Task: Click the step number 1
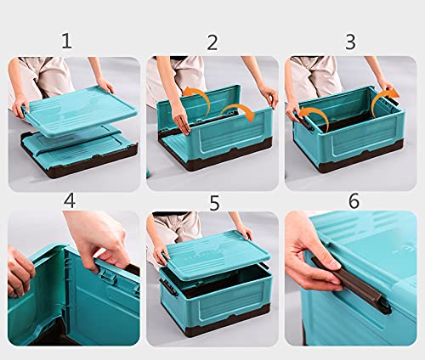pyautogui.click(x=66, y=42)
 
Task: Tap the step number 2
pyautogui.click(x=212, y=42)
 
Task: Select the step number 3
pyautogui.click(x=350, y=42)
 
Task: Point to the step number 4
pyautogui.click(x=70, y=200)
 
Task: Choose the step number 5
pyautogui.click(x=214, y=203)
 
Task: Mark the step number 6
pyautogui.click(x=354, y=201)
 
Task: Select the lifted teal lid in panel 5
pyautogui.click(x=217, y=255)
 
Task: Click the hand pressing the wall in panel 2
pyautogui.click(x=181, y=121)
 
